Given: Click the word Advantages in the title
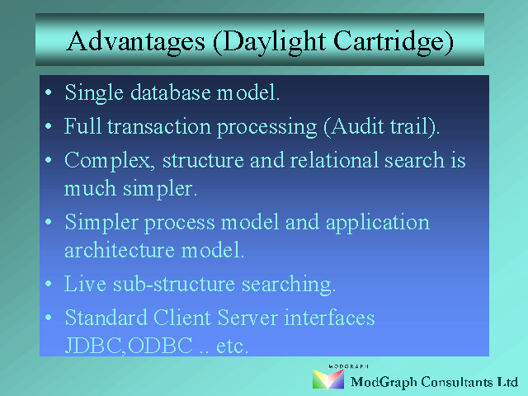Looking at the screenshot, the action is tap(135, 42).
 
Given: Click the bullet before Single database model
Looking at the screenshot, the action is tap(49, 92).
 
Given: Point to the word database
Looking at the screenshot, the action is tap(171, 92).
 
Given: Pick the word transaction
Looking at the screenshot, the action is tap(159, 126).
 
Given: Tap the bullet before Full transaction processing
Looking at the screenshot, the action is tap(49, 126).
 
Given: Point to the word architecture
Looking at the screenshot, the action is tap(120, 250).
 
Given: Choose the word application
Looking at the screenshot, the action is tap(378, 223).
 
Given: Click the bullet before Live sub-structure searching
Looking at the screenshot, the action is tap(49, 284).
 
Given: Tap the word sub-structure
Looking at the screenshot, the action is tap(174, 284).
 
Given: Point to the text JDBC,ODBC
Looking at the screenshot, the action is tap(129, 346).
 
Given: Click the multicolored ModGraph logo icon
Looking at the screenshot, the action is tap(328, 379).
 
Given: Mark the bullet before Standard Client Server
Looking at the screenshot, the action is tap(49, 317).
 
